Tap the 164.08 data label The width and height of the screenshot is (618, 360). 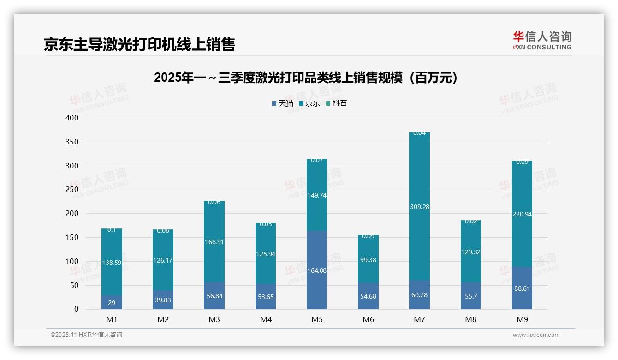[x=317, y=270]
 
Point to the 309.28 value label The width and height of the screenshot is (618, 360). [x=419, y=207]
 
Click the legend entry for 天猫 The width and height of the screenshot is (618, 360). [x=283, y=103]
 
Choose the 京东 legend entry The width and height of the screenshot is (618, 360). [x=309, y=103]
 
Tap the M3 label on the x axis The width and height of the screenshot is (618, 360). [x=214, y=319]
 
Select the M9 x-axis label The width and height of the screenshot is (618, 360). [x=522, y=319]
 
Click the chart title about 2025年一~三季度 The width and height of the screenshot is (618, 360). [x=308, y=78]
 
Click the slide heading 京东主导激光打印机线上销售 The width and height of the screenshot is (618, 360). [x=139, y=44]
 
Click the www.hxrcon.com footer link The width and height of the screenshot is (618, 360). [x=536, y=335]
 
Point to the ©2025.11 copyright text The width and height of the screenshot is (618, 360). [x=86, y=335]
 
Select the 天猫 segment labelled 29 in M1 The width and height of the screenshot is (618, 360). [x=112, y=302]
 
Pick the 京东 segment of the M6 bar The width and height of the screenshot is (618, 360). [x=368, y=260]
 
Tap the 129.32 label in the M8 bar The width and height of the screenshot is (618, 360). [x=470, y=252]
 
